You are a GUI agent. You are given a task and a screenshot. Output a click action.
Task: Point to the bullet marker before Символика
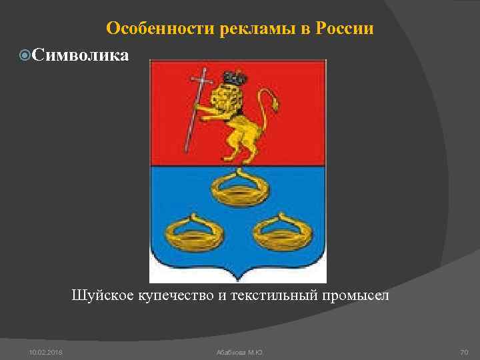click(25, 55)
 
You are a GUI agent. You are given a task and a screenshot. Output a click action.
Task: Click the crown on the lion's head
click(234, 78)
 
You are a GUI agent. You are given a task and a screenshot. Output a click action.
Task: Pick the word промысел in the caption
click(360, 295)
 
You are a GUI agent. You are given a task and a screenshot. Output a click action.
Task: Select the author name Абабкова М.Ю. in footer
click(239, 351)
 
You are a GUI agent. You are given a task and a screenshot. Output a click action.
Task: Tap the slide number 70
click(464, 351)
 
